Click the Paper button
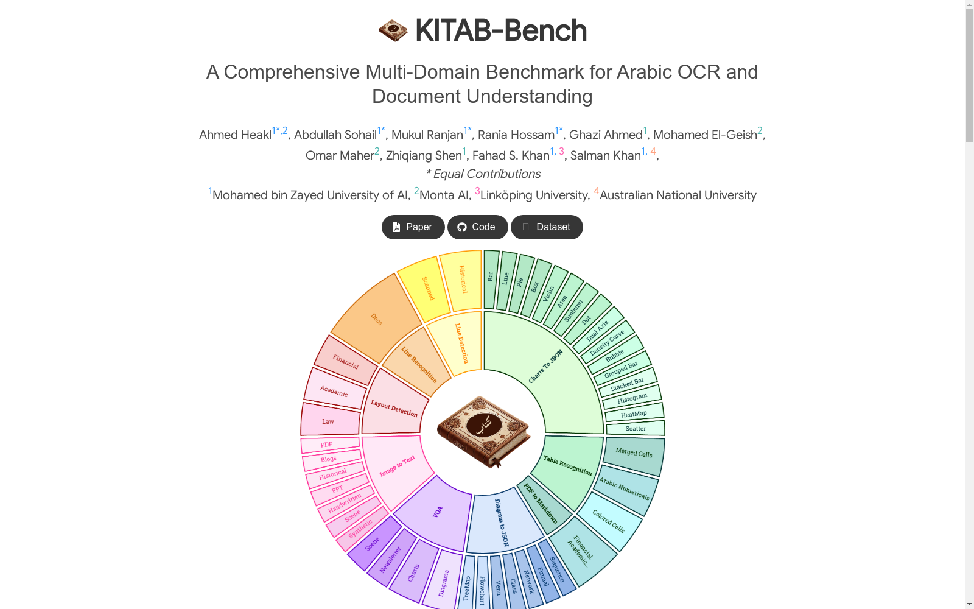(x=413, y=227)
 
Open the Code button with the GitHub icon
(x=477, y=227)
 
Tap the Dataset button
(x=547, y=227)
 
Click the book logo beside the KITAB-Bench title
(x=393, y=30)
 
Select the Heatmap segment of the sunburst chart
(x=634, y=413)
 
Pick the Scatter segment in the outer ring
(x=636, y=428)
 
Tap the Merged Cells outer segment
(x=634, y=454)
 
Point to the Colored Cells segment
(x=609, y=522)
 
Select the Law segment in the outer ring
(x=329, y=420)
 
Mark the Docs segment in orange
(x=376, y=319)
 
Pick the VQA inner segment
(x=437, y=512)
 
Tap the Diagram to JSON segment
(x=502, y=522)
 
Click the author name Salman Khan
(x=605, y=155)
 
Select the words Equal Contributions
(x=487, y=174)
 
